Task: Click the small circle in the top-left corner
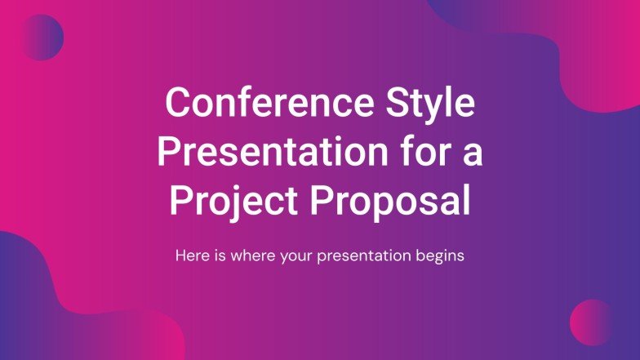click(x=40, y=38)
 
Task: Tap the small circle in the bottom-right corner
click(x=592, y=322)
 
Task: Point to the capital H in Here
click(x=180, y=256)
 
